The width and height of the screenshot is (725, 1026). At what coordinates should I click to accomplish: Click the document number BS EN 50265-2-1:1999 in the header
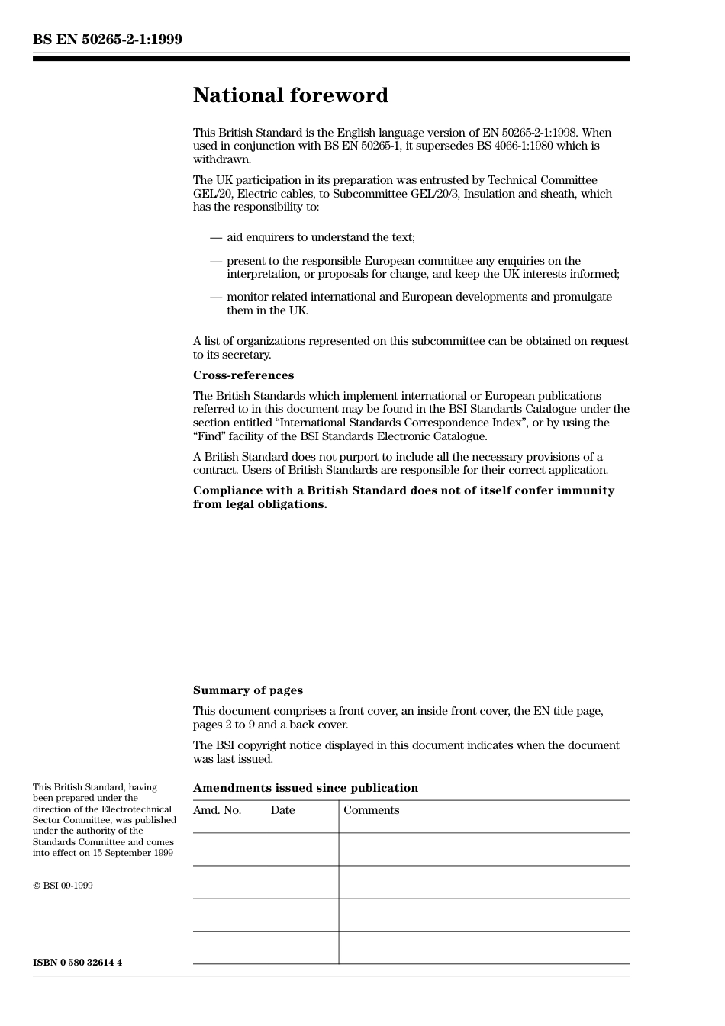[x=108, y=40]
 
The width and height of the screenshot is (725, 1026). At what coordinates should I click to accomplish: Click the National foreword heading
[x=290, y=95]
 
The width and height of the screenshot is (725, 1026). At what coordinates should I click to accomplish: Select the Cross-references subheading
[x=243, y=375]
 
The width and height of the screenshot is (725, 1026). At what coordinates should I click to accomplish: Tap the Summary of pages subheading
[x=247, y=690]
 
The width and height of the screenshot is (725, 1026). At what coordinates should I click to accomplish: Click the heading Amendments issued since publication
[x=305, y=788]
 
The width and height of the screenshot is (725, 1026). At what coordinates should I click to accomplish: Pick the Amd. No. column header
[x=217, y=810]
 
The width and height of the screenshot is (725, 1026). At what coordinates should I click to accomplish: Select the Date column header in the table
[x=282, y=810]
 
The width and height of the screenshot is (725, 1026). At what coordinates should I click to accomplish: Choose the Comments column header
[x=371, y=810]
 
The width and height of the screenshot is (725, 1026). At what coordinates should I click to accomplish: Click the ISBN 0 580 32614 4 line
[x=77, y=963]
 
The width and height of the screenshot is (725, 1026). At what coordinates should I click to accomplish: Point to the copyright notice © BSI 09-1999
[x=63, y=886]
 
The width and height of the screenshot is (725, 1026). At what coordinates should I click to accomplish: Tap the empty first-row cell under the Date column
[x=302, y=849]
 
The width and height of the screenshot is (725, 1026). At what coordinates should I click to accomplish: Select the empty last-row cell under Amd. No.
[x=229, y=947]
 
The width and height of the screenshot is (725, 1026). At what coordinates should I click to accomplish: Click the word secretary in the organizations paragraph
[x=247, y=355]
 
